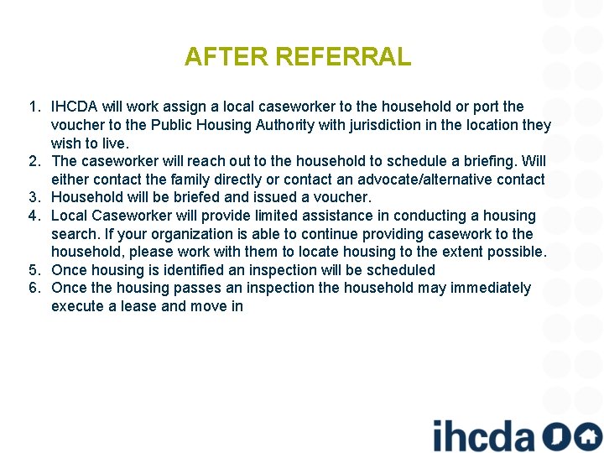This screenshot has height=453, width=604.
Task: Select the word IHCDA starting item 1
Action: click(x=74, y=107)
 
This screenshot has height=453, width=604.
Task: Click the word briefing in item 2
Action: click(x=488, y=161)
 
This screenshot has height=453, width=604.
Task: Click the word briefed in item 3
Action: click(x=169, y=197)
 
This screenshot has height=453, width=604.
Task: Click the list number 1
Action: click(x=34, y=107)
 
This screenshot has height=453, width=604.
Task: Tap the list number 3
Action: click(x=34, y=197)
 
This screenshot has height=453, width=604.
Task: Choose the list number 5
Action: click(x=34, y=270)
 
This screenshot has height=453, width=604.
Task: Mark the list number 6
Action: click(x=34, y=288)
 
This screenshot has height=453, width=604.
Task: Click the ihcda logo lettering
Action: click(x=483, y=435)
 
